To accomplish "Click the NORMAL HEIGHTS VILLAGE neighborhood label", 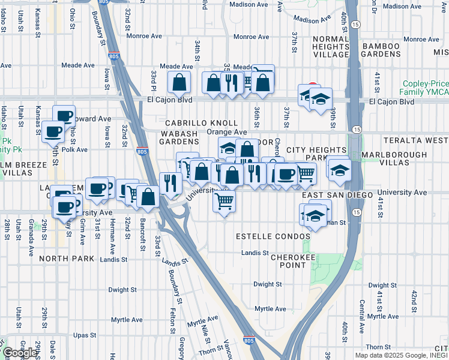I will pos(322,46).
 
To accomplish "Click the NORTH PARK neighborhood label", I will pos(67,259).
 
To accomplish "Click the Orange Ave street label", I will pos(226,132).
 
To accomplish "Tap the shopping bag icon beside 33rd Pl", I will pos(179,82).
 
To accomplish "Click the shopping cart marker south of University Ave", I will pos(224,202).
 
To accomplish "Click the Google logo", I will pos(20,353).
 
